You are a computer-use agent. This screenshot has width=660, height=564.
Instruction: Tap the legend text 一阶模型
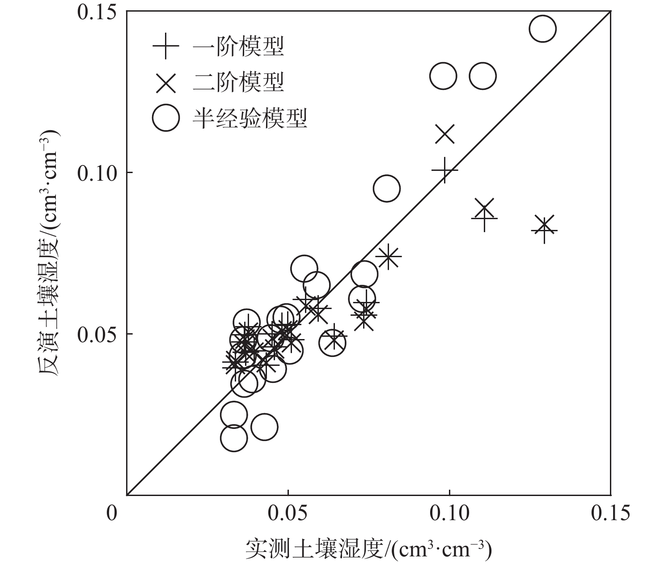coord(239,46)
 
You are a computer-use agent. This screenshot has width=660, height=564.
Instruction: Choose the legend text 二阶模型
coord(239,82)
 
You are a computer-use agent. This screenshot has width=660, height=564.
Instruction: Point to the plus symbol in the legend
coord(166,46)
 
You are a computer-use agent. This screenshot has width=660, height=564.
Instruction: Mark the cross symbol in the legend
coord(166,82)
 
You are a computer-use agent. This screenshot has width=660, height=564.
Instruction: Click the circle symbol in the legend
coord(166,118)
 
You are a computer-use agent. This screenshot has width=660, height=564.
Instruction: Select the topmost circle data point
coord(542,29)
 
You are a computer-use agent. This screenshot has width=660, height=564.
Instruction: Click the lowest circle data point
coord(233,438)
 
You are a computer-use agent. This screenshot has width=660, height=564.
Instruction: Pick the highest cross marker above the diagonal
coord(444,134)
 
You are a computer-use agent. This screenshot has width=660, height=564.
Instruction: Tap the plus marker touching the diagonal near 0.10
coord(444,170)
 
